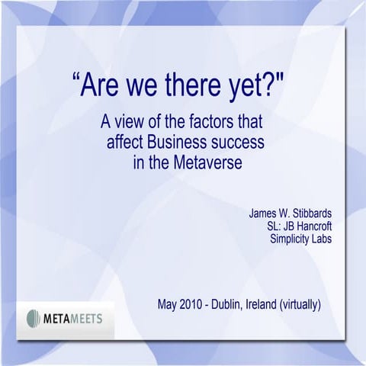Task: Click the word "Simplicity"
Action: click(x=291, y=239)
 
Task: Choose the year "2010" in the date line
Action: click(x=194, y=304)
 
